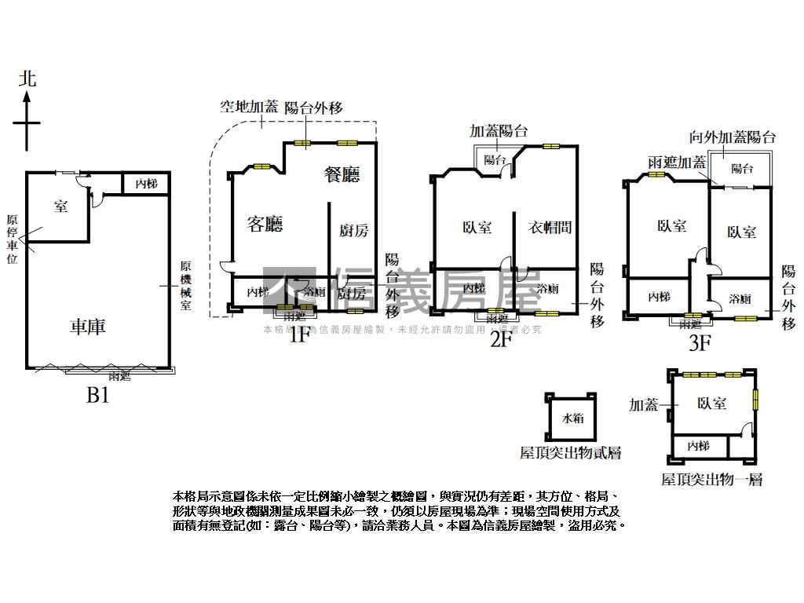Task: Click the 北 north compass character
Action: coord(28,79)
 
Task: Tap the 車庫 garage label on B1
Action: coord(88,326)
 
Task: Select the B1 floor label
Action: coord(97,395)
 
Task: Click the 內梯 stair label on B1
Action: coord(146,184)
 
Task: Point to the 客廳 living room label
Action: coord(265,225)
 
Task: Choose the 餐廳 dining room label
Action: coord(342,174)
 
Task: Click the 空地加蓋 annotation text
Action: coord(248,108)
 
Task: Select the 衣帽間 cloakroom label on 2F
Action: coord(549,228)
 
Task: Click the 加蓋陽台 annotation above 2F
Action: coord(498,131)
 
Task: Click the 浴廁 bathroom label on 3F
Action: coord(740,299)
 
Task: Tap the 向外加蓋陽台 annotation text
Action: coord(733,137)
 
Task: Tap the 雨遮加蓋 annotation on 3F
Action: coord(677,163)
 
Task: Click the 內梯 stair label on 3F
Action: coord(659,297)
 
